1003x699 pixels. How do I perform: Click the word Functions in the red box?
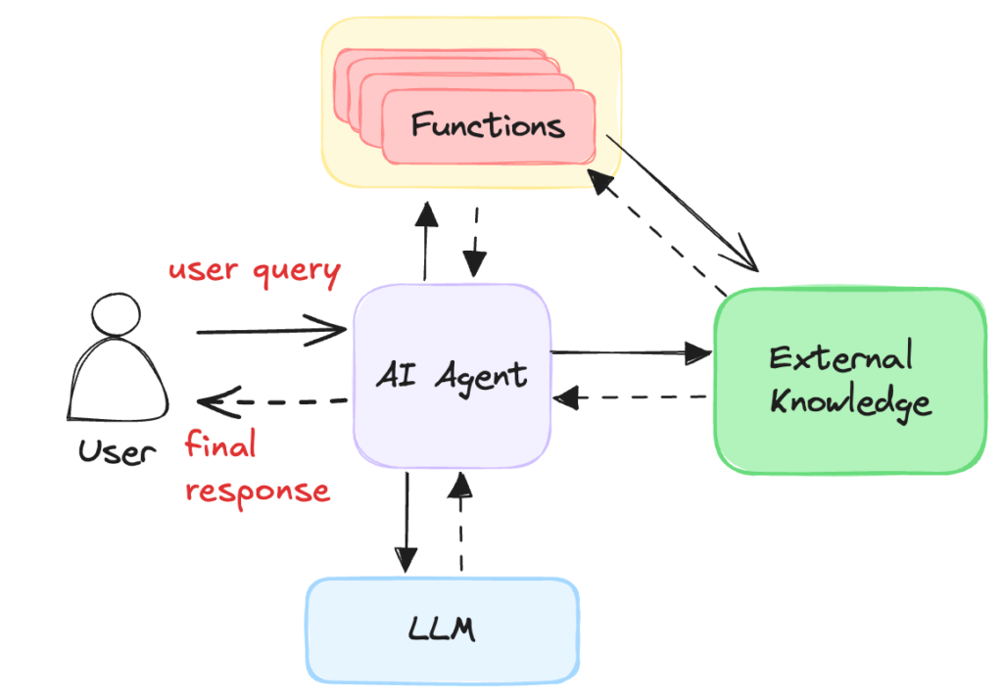tap(487, 126)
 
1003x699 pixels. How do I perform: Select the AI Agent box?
tap(452, 375)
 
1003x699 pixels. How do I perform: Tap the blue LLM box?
tap(441, 629)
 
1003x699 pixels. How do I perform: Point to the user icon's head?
tap(116, 319)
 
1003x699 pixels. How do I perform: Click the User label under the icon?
tap(117, 451)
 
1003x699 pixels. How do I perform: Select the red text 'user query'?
tap(254, 271)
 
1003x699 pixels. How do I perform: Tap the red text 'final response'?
tap(257, 468)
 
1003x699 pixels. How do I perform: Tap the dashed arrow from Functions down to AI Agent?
tap(475, 242)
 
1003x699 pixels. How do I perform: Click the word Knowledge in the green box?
tap(849, 401)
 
